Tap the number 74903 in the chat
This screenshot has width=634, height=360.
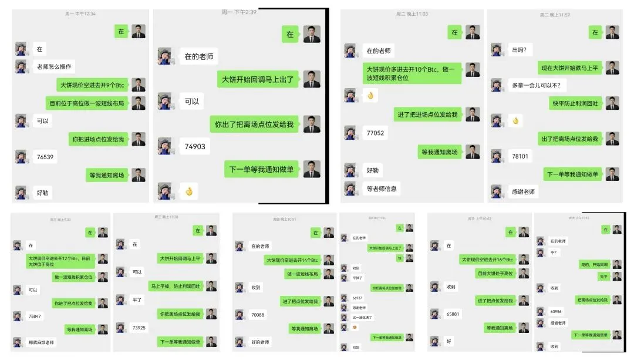tap(195, 146)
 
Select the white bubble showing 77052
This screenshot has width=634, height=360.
tap(375, 133)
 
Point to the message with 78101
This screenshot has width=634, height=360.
tap(520, 156)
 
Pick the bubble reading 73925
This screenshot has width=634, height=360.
tap(139, 327)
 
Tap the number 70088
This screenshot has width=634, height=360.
tap(258, 315)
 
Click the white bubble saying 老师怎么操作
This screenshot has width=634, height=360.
tap(56, 66)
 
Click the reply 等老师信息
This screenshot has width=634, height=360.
tap(382, 189)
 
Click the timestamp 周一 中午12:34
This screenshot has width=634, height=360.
tap(80, 14)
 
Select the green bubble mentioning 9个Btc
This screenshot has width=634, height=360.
tap(93, 85)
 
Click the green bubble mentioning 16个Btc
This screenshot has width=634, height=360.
tap(487, 259)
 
